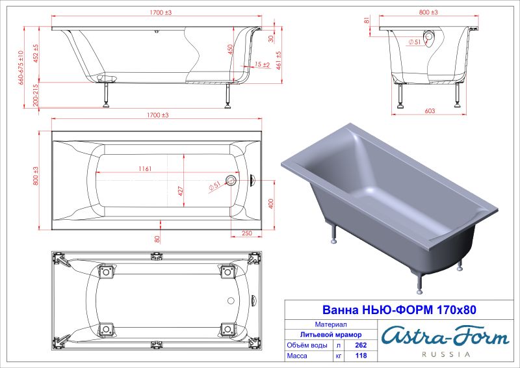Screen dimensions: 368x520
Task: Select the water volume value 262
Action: pos(356,345)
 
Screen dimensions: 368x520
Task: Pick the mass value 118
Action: pos(356,357)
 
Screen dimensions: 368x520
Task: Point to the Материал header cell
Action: pos(330,323)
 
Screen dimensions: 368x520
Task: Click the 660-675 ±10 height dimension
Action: pos(21,68)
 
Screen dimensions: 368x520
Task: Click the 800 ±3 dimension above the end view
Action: pos(428,12)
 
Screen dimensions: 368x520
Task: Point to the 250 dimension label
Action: pos(247,233)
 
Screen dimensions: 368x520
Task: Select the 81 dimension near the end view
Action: pos(367,21)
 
